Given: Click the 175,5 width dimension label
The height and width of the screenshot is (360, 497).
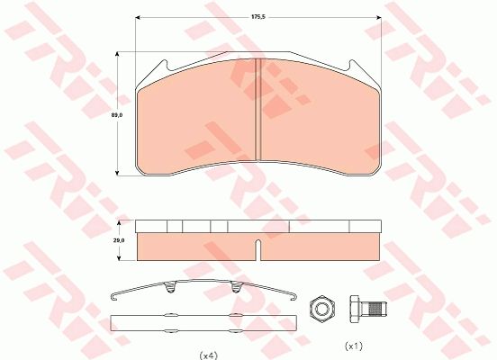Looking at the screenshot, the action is coord(258,17).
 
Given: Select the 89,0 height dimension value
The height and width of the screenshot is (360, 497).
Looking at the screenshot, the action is coord(117,115).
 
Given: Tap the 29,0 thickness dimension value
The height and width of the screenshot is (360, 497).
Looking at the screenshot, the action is coord(119,240).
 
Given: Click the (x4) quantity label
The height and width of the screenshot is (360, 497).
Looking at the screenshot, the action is coord(208,355).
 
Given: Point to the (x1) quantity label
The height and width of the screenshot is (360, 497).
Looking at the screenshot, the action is coord(354,346).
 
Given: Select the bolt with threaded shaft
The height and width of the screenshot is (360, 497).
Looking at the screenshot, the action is coord(368,309).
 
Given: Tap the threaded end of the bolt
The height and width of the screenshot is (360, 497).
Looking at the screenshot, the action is coord(379,309).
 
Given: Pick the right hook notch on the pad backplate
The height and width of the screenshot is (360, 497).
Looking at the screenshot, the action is coord(350,67).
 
